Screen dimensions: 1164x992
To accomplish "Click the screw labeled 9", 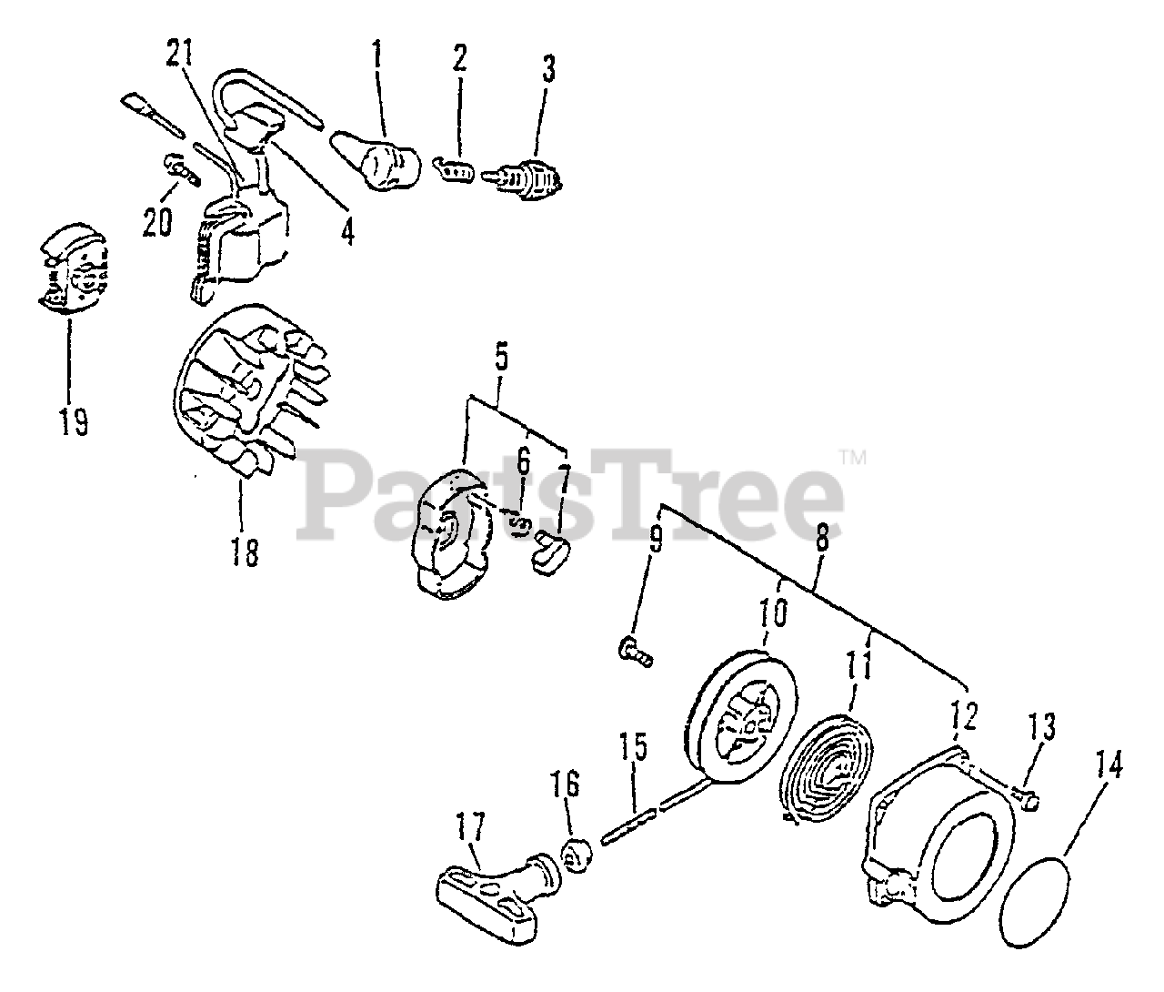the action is point(635,652).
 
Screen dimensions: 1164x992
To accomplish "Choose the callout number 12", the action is point(964,719).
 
